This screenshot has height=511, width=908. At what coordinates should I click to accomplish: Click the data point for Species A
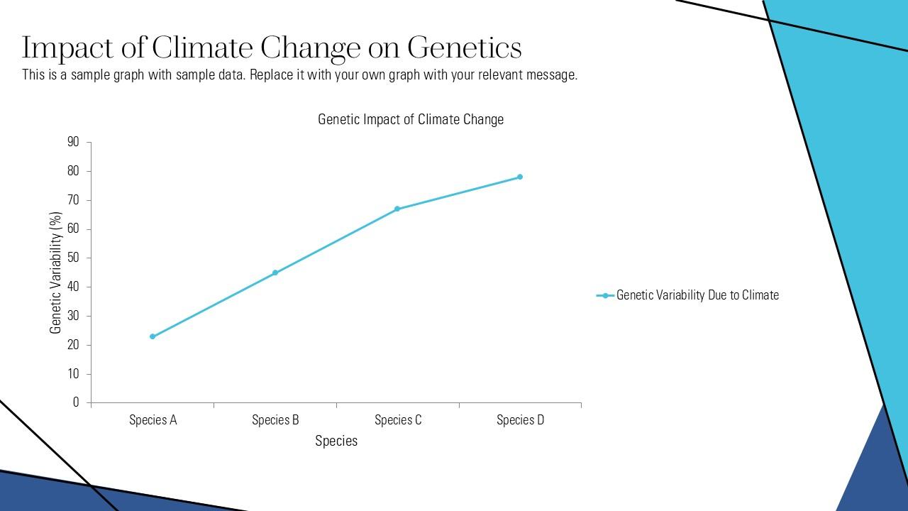[153, 336]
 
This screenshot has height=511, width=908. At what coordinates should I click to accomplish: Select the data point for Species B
[275, 273]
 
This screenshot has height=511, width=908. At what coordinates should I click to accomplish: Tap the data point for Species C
[397, 209]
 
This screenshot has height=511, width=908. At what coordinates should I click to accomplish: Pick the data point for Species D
[520, 177]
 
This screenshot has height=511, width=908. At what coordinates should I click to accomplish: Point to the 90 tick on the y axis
[74, 142]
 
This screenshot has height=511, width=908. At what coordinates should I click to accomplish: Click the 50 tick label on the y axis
[74, 258]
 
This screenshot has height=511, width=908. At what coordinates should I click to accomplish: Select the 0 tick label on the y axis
[77, 402]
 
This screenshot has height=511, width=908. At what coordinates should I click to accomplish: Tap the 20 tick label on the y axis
[74, 345]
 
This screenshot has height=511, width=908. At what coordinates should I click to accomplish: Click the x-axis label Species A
[153, 420]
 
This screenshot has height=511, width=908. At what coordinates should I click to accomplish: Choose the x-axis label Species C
[398, 420]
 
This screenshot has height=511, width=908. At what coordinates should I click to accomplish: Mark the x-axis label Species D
[521, 420]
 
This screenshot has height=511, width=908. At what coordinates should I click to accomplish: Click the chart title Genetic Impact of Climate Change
[411, 119]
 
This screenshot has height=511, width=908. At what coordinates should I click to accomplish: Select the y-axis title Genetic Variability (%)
[56, 273]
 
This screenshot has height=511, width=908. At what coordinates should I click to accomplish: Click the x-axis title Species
[336, 441]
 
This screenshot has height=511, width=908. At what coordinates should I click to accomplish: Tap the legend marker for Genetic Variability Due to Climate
[605, 295]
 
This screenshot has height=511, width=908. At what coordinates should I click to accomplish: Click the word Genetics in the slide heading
[465, 48]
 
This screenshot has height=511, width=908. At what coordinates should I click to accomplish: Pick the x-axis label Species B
[275, 420]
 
